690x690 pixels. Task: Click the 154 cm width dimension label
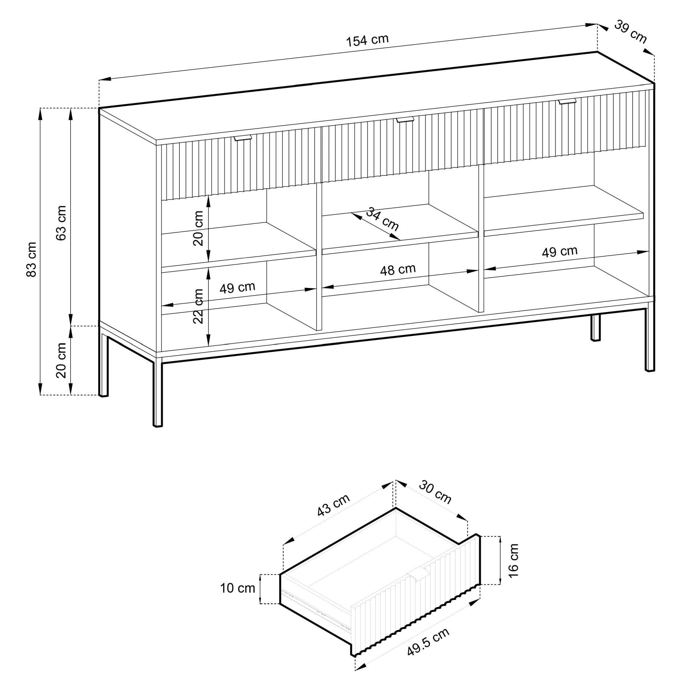pyautogui.click(x=367, y=40)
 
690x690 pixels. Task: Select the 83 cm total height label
pyautogui.click(x=32, y=259)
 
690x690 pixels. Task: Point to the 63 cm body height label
pyautogui.click(x=62, y=223)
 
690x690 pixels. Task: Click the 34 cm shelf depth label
pyautogui.click(x=382, y=219)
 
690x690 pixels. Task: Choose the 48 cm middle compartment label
pyautogui.click(x=398, y=269)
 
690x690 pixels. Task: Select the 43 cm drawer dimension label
pyautogui.click(x=333, y=505)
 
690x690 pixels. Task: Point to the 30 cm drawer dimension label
pyautogui.click(x=435, y=492)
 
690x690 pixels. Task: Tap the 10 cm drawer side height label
pyautogui.click(x=238, y=588)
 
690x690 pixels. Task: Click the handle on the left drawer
pyautogui.click(x=243, y=138)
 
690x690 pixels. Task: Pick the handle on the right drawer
pyautogui.click(x=567, y=102)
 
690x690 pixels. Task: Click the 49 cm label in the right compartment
pyautogui.click(x=560, y=252)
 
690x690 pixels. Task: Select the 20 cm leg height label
pyautogui.click(x=62, y=360)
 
